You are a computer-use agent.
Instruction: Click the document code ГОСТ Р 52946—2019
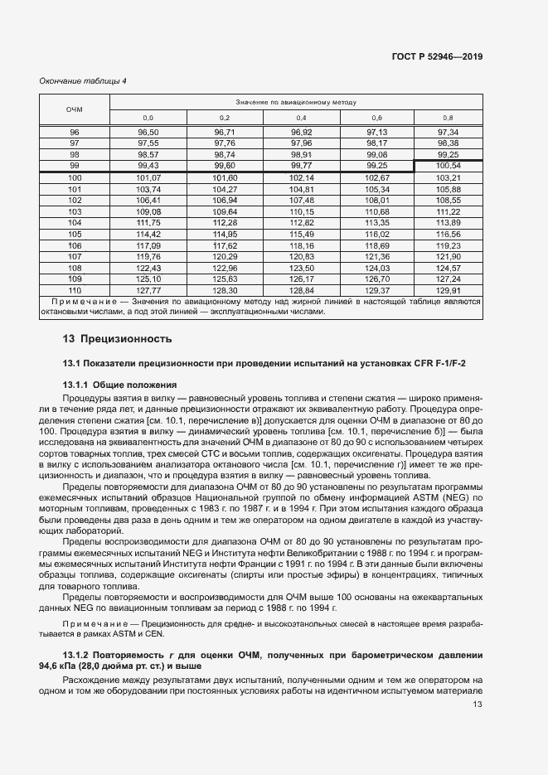point(437,56)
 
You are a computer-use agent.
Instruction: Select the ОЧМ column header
point(75,109)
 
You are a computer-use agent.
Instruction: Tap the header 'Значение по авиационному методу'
point(296,102)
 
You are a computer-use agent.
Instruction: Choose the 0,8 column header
point(448,118)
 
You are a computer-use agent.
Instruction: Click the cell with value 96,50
point(148,132)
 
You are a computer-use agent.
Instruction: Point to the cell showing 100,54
point(448,166)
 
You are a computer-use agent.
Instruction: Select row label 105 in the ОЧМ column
point(75,235)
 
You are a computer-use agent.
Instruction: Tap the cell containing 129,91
point(448,290)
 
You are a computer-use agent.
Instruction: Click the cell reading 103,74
point(148,189)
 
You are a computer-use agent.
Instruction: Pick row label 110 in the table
point(75,290)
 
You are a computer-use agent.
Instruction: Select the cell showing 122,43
point(148,268)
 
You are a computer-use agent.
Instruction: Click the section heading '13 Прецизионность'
point(117,338)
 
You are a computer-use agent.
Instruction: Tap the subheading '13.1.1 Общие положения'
point(120,385)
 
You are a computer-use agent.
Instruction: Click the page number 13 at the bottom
point(477,705)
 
